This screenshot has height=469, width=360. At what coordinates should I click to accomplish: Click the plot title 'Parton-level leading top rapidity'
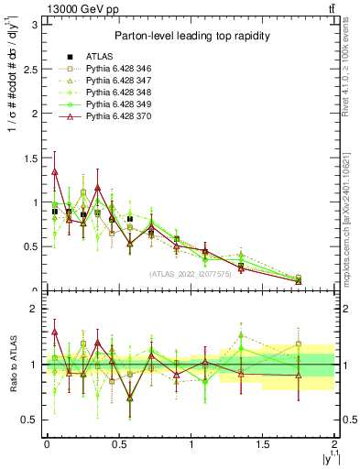point(189,36)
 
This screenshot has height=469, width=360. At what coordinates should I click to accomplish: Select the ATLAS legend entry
point(85,57)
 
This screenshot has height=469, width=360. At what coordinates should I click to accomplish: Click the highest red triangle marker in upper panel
point(55,171)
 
